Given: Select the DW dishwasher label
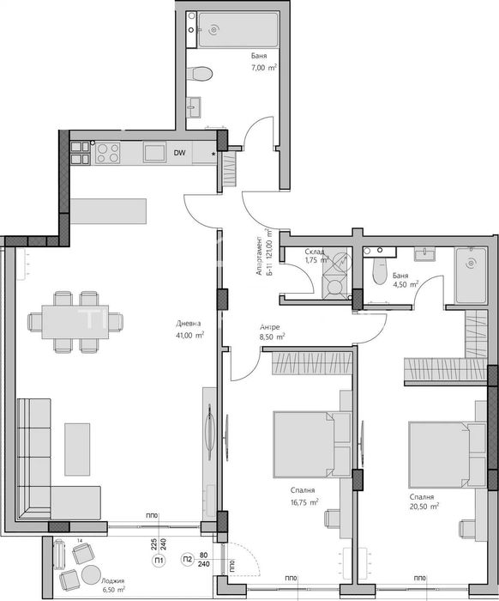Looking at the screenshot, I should (x=180, y=153).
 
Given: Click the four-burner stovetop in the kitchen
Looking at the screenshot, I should (x=107, y=153).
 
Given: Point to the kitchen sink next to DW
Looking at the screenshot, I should (x=154, y=153).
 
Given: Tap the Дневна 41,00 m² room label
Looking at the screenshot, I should (x=189, y=330).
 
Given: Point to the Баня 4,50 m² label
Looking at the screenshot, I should (x=405, y=280).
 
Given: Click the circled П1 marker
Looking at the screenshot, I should (x=159, y=562).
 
